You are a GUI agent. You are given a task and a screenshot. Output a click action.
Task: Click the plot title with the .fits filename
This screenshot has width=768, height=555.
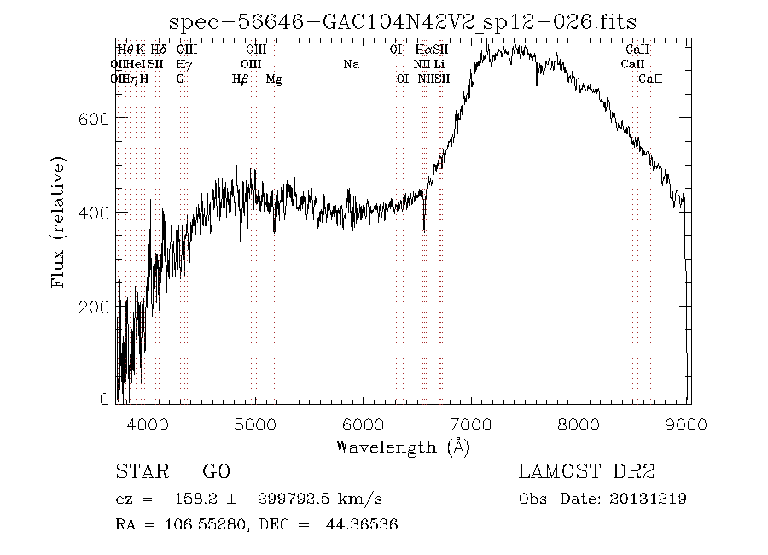click(x=403, y=21)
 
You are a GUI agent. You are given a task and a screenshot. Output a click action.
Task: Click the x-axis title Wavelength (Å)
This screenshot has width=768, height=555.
click(x=403, y=447)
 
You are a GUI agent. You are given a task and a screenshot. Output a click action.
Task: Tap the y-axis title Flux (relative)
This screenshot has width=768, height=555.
click(x=59, y=220)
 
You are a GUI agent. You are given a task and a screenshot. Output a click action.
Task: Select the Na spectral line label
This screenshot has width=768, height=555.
click(x=351, y=64)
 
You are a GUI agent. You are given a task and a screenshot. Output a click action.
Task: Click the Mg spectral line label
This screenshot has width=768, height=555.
click(x=274, y=79)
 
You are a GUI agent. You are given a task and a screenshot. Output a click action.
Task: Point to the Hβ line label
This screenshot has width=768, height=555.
click(x=241, y=79)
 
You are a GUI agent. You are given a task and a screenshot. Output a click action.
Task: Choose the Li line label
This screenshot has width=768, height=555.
click(x=439, y=64)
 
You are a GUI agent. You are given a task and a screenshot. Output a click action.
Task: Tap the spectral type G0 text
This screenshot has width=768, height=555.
click(x=216, y=471)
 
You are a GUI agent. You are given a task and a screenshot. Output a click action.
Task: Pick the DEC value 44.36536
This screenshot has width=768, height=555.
click(x=361, y=525)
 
